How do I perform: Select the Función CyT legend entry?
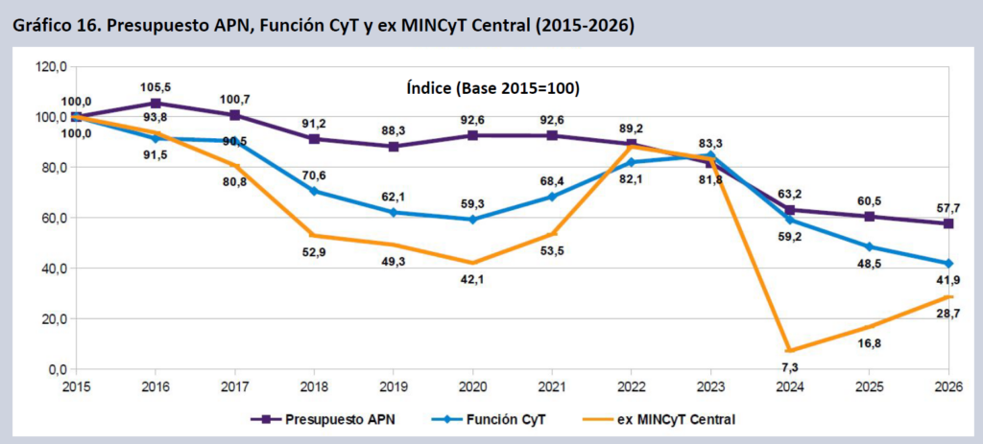(507, 418)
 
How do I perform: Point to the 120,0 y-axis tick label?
(49, 67)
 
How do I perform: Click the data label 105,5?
(156, 87)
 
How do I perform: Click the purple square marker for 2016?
(156, 104)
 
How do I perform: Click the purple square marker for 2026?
(948, 223)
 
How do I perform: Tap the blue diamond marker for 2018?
(316, 191)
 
